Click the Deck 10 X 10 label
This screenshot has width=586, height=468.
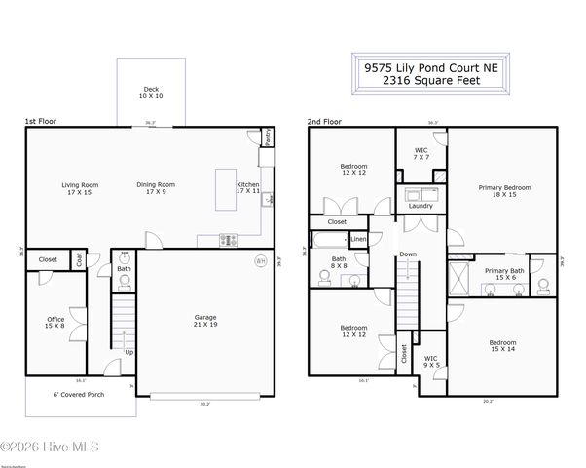(149, 93)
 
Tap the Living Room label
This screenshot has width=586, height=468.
(81, 188)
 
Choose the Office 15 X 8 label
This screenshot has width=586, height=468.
(55, 323)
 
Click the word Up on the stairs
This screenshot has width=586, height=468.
(128, 352)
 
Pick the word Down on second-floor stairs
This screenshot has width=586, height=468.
(409, 253)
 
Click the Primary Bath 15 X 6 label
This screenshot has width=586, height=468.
(504, 274)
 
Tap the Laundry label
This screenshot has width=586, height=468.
(421, 206)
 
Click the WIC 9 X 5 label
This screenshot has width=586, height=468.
(430, 362)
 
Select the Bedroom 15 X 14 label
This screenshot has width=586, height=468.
(503, 346)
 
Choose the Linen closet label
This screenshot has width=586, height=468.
(358, 239)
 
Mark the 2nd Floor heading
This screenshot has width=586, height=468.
(324, 122)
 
